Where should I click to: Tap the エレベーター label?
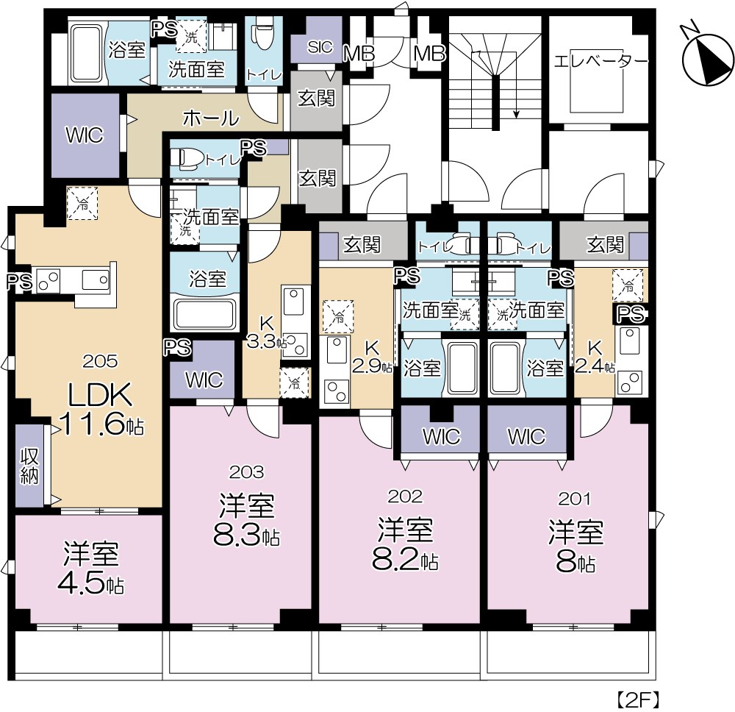pyautogui.click(x=600, y=61)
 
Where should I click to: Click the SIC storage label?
pyautogui.click(x=320, y=46)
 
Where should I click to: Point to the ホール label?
pyautogui.click(x=211, y=118)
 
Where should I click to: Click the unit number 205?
pyautogui.click(x=100, y=360)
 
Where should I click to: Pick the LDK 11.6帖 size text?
pyautogui.click(x=101, y=408)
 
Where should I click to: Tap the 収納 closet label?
pyautogui.click(x=29, y=466)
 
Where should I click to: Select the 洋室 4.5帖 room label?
pyautogui.click(x=91, y=568)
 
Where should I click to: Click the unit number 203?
pyautogui.click(x=246, y=472)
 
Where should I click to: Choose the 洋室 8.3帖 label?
pyautogui.click(x=246, y=520)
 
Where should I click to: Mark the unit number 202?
pyautogui.click(x=406, y=496)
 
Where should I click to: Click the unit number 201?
pyautogui.click(x=576, y=499)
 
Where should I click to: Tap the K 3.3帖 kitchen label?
pyautogui.click(x=267, y=332)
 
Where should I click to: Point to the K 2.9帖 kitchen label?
pyautogui.click(x=372, y=357)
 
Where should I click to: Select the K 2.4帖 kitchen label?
pyautogui.click(x=595, y=357)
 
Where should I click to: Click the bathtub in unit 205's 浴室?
pyautogui.click(x=86, y=51)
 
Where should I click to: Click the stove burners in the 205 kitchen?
pyautogui.click(x=48, y=280)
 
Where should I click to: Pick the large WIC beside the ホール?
pyautogui.click(x=85, y=135)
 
